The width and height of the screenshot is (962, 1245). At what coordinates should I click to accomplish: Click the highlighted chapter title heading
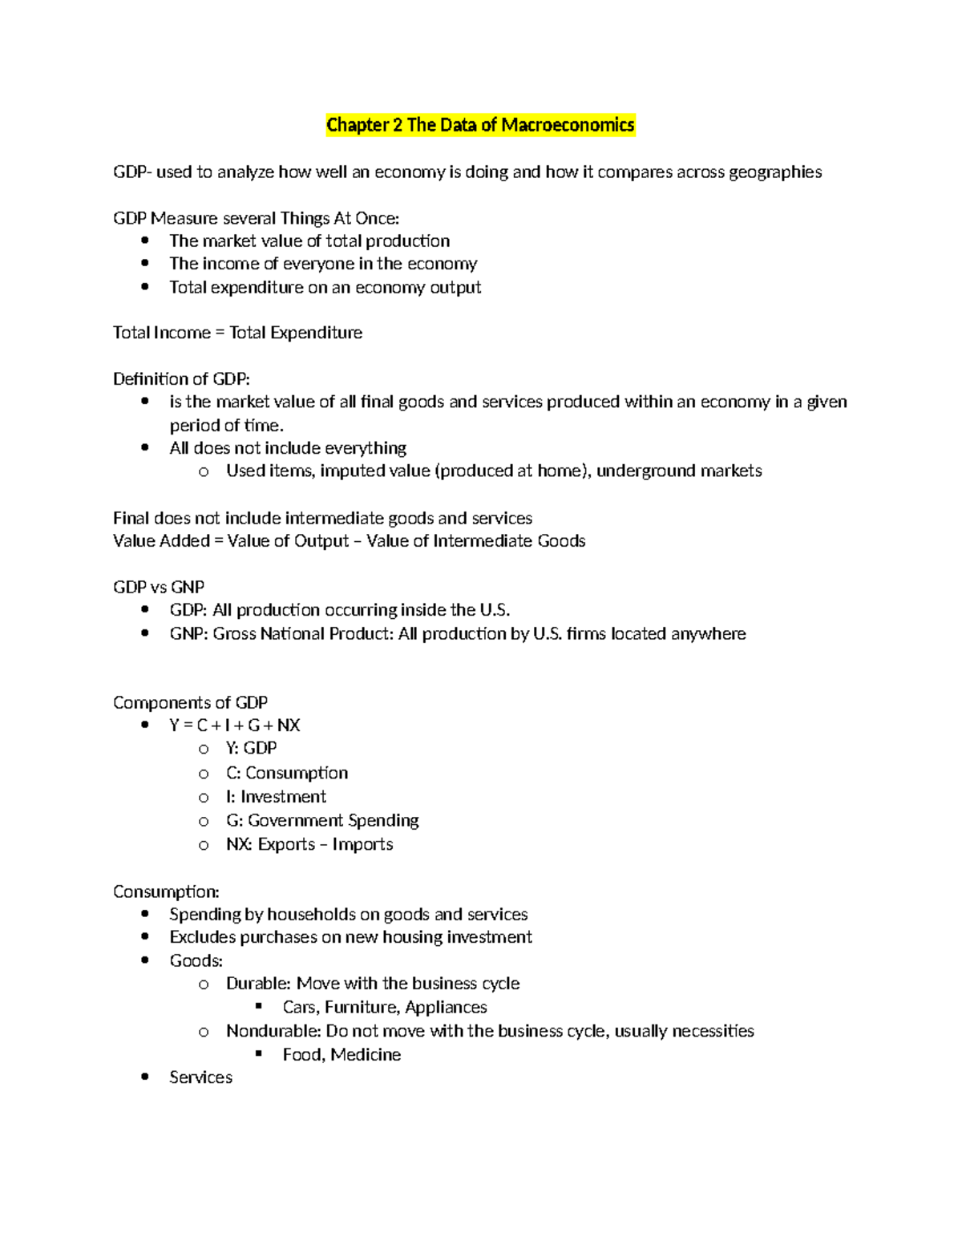point(480,125)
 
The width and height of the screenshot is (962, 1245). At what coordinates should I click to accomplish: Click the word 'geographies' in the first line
point(774,172)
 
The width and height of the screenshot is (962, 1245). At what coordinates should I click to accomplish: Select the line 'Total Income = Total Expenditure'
point(237,333)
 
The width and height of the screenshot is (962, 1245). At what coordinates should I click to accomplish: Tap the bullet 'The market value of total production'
point(309,241)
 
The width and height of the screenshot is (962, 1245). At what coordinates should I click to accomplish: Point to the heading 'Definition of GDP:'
point(181,379)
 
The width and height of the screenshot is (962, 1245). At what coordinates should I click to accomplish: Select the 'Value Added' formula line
point(349,541)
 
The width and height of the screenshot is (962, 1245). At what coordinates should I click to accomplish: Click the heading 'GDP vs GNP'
point(159,588)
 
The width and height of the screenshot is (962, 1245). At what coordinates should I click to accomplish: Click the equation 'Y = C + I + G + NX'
point(235,726)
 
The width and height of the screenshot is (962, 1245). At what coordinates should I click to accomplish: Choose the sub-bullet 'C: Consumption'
point(287,774)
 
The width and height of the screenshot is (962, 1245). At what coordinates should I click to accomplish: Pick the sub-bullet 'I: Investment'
point(276,797)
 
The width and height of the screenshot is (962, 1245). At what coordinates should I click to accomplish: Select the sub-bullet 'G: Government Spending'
point(322,821)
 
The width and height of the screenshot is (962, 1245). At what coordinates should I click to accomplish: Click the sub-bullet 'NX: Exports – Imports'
point(309,845)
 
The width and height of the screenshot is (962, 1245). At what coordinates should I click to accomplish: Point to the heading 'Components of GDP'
point(190,703)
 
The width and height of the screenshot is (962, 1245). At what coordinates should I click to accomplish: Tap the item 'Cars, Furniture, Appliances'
point(385,1008)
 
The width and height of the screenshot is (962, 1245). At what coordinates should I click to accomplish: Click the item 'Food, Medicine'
point(342,1055)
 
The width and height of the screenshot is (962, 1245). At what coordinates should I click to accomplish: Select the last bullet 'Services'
point(200,1078)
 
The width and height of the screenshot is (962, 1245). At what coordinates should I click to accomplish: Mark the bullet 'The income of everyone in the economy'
point(323,264)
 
